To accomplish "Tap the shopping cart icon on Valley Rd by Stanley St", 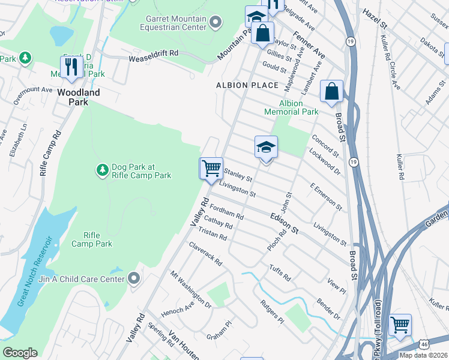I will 211,168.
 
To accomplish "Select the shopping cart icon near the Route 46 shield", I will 400,325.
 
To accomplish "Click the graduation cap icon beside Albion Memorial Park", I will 266,146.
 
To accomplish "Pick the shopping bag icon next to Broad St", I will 331,92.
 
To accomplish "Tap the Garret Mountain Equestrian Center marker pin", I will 216,22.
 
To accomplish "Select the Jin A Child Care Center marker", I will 134,278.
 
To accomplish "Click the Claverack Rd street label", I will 205,254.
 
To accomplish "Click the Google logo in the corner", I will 20,353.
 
